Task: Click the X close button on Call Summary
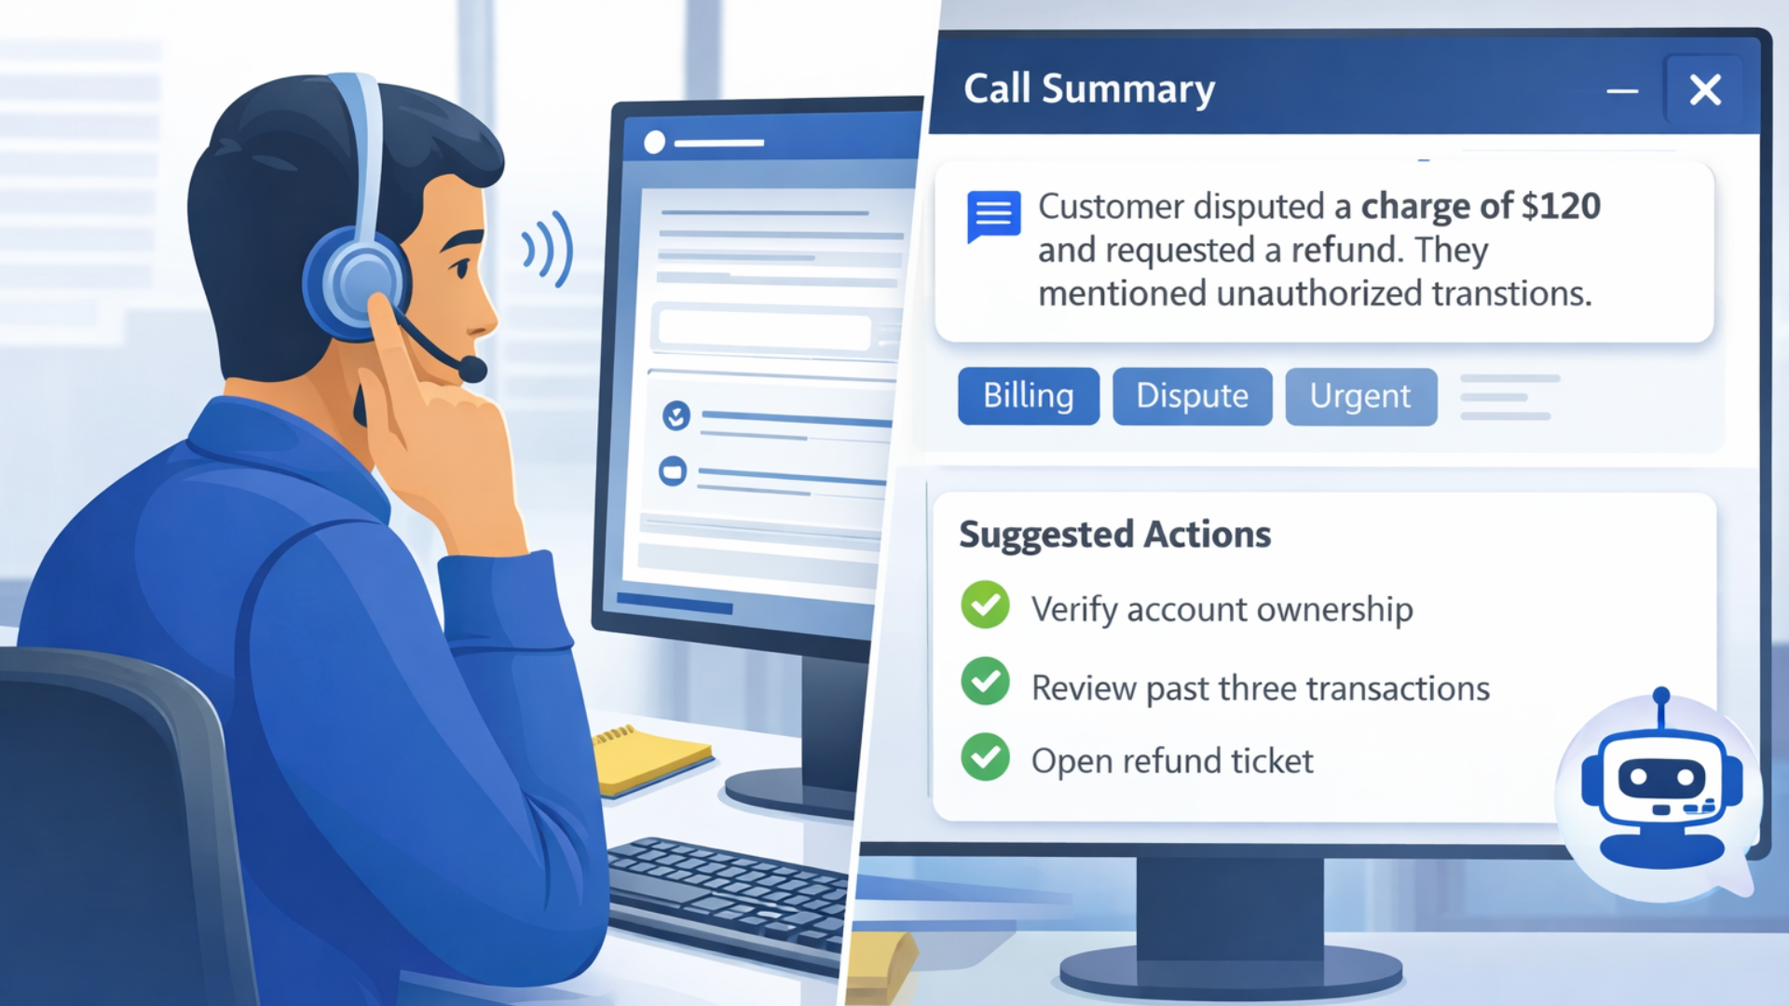1705,90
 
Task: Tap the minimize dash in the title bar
1622,91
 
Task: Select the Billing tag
1029,396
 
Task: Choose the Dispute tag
1192,396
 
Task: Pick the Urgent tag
1360,396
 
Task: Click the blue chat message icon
993,215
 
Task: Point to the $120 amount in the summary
1561,206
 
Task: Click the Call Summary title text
1089,89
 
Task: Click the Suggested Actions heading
1114,535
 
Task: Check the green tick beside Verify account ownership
985,605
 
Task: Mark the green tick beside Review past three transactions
985,682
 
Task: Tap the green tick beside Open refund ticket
985,757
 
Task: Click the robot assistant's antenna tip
1661,696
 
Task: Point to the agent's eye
460,268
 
